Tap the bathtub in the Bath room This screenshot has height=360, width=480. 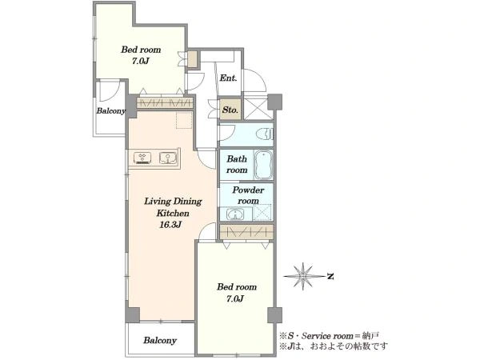(263, 165)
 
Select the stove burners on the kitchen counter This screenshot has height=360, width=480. (142, 158)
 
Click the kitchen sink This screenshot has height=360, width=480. (168, 158)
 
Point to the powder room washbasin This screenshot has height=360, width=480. (235, 214)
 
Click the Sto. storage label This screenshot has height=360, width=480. (230, 110)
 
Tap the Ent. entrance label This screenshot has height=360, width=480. (228, 78)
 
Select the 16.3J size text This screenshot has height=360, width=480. (170, 225)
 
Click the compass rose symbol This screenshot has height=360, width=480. (303, 276)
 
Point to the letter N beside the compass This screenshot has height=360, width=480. (330, 277)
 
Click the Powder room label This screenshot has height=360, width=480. (248, 195)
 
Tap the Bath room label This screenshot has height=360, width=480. (237, 164)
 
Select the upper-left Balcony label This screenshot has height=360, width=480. (111, 111)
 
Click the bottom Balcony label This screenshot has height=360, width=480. (160, 341)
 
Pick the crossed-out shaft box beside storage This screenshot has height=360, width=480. (258, 108)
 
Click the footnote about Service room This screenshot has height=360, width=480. (330, 336)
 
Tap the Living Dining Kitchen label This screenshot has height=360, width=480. (173, 207)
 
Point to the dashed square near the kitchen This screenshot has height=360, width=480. (184, 120)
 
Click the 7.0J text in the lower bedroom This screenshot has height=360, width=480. (234, 298)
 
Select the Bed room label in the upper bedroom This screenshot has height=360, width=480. (141, 50)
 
